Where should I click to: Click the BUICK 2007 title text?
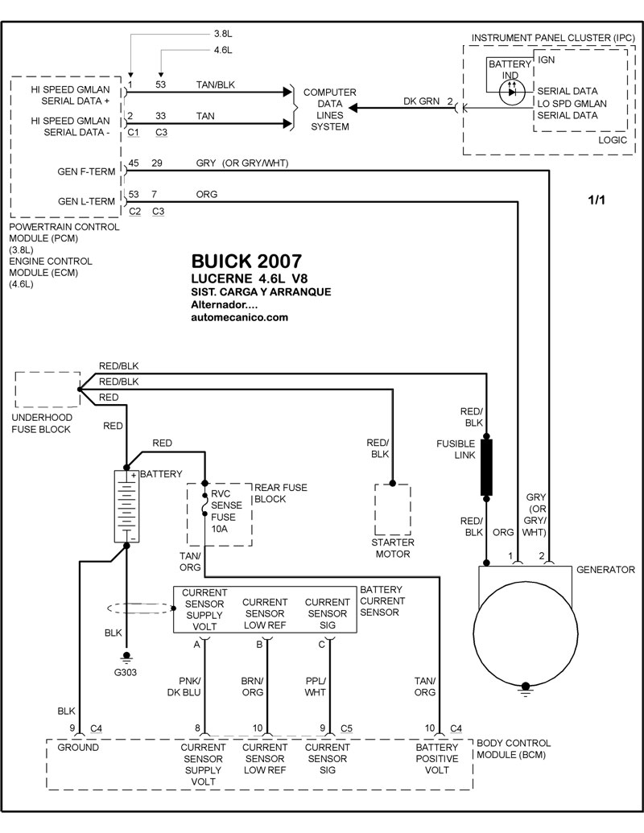point(246,262)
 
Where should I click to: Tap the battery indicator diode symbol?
point(512,92)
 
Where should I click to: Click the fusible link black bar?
point(486,468)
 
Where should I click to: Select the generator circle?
point(525,633)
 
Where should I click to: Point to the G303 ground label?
point(126,672)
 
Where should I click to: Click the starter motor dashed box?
point(393,509)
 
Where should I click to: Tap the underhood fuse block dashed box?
point(47,390)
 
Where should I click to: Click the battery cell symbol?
point(126,506)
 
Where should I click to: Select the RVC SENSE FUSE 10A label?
point(226,511)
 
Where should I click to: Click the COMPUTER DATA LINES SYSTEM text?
point(330,109)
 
